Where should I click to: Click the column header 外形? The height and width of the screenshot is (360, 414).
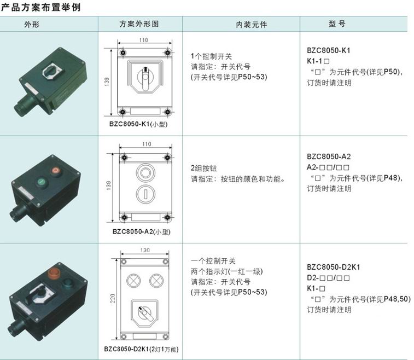[32, 25]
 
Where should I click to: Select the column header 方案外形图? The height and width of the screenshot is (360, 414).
[139, 24]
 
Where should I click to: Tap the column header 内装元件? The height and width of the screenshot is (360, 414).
[252, 25]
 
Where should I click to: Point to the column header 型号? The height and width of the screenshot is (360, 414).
[337, 24]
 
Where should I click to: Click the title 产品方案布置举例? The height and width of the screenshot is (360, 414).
[40, 7]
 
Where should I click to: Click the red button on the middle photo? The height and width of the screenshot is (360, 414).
[56, 171]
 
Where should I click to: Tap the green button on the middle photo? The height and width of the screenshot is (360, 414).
[42, 182]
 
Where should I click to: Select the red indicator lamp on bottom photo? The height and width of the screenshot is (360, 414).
[54, 274]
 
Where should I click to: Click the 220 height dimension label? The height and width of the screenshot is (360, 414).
[113, 298]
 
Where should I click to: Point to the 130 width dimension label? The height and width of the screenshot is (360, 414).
[145, 250]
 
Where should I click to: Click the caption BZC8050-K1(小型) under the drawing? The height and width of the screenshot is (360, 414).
[138, 124]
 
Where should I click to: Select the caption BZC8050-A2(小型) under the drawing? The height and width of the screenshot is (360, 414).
[142, 231]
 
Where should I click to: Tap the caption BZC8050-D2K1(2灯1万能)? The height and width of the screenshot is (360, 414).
[141, 349]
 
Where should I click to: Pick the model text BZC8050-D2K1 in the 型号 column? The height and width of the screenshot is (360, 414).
[334, 267]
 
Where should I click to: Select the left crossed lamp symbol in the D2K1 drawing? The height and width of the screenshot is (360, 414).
[133, 281]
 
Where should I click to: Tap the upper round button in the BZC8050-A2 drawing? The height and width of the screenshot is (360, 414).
[145, 173]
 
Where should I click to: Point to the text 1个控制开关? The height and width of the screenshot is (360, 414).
[211, 56]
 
